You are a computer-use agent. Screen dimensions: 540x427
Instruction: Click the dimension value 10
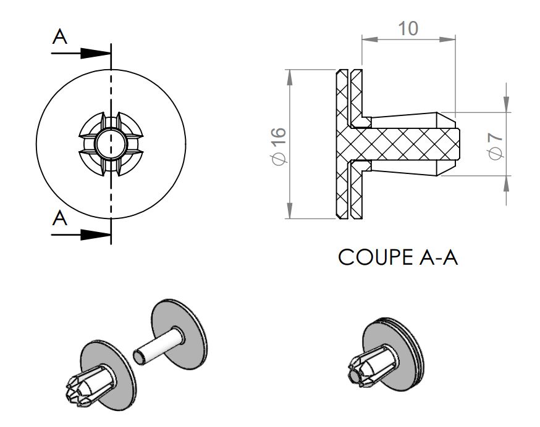(x=408, y=28)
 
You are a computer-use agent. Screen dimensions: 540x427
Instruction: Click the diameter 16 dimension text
(x=279, y=146)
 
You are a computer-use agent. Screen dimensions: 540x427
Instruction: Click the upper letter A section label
(x=60, y=36)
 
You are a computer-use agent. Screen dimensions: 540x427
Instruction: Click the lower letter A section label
(x=60, y=218)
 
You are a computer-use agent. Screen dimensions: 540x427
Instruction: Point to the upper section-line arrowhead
(x=95, y=53)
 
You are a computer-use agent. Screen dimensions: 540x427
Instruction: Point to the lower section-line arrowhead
(x=95, y=235)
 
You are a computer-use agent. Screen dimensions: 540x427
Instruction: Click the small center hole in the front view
(x=111, y=144)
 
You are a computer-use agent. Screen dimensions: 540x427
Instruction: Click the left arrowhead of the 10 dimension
(x=370, y=39)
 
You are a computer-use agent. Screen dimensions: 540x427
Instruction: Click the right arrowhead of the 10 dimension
(x=447, y=39)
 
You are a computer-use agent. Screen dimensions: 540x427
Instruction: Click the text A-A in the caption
(x=439, y=257)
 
